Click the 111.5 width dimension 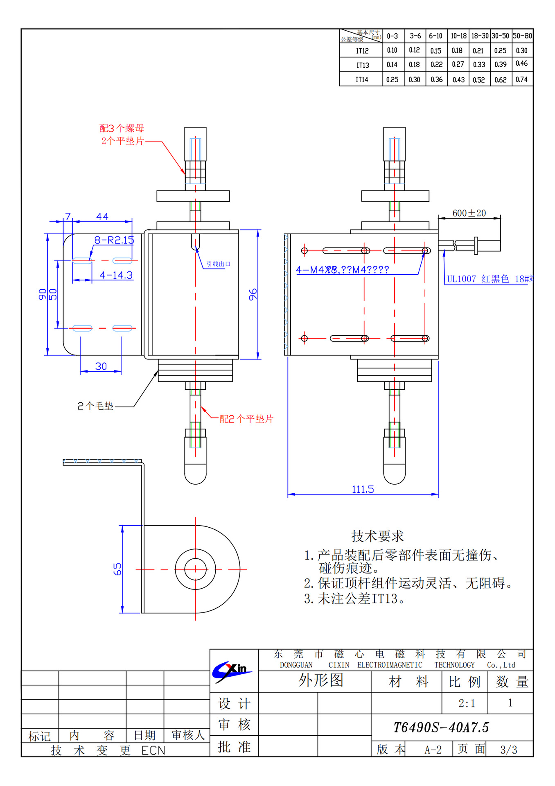363,489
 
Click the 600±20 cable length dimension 469,213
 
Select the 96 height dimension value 253,294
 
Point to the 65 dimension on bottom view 117,569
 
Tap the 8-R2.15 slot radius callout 114,240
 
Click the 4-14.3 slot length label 116,275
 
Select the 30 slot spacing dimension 101,366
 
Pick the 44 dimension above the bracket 102,217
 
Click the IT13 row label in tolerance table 362,65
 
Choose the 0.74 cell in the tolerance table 521,79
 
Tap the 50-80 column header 522,36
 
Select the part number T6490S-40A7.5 441,727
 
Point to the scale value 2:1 467,703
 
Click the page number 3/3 509,750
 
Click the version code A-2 433,750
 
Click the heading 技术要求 377,536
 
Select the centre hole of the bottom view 195,569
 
